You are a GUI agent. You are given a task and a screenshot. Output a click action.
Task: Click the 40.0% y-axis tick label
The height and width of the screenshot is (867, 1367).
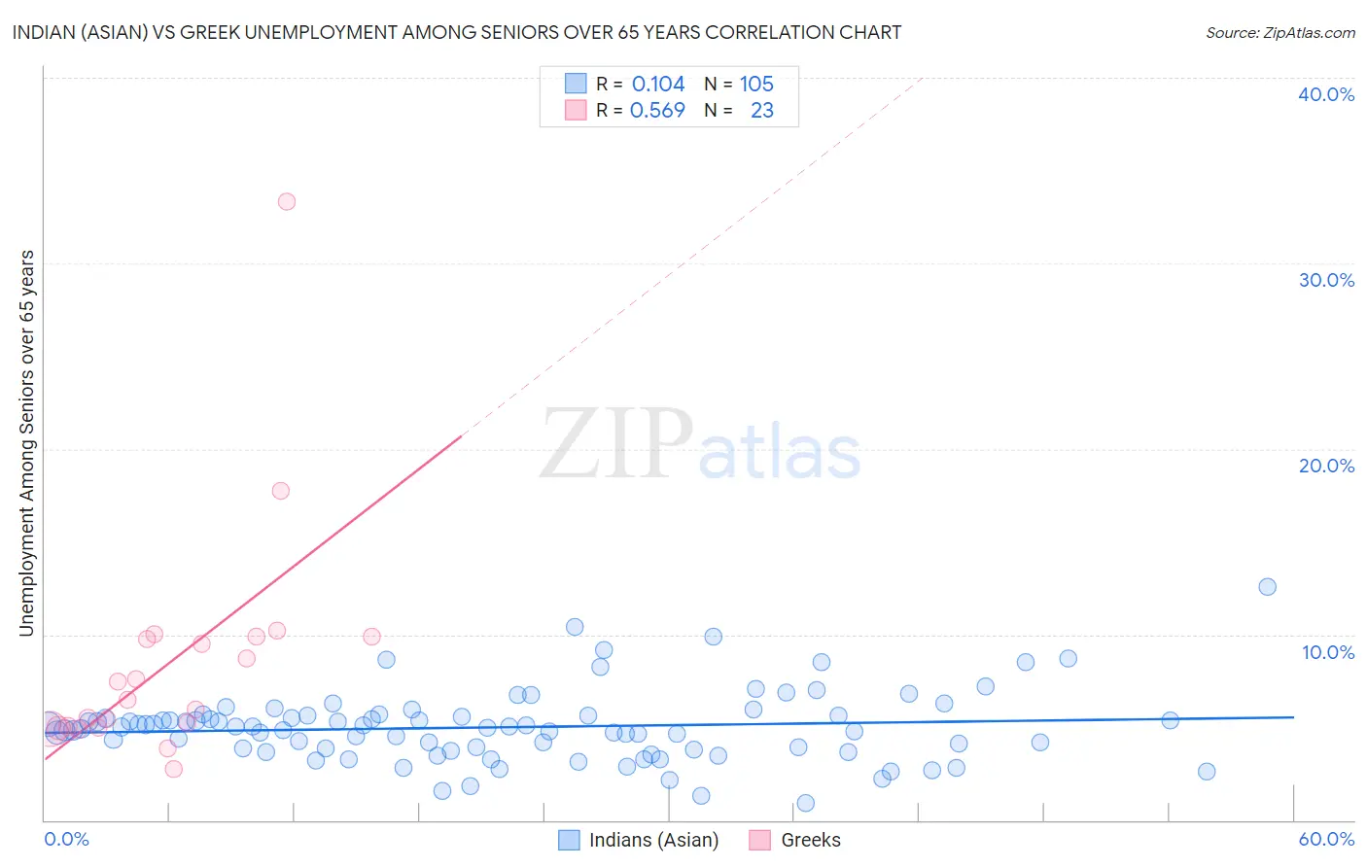tap(1326, 94)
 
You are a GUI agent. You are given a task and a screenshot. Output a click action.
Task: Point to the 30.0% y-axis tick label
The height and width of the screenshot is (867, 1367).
tap(1326, 280)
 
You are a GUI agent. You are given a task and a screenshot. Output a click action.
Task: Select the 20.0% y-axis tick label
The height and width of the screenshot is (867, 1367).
tap(1326, 466)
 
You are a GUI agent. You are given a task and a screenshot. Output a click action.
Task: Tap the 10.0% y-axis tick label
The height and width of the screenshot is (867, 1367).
tap(1328, 652)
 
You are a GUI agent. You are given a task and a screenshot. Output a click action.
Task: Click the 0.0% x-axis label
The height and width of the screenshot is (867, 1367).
tap(66, 839)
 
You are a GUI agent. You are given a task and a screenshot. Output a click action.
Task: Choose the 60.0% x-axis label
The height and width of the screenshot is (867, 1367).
tap(1326, 839)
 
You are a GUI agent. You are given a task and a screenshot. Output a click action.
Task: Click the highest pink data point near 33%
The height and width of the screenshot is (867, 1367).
tap(287, 202)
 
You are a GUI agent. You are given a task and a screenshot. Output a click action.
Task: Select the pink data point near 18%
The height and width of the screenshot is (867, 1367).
tap(281, 491)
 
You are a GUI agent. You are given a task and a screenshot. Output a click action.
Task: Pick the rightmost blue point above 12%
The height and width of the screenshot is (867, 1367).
tap(1267, 587)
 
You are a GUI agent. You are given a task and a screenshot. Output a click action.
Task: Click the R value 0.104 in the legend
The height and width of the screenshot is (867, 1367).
tap(658, 85)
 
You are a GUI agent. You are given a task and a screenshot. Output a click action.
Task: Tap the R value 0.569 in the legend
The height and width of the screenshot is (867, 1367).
tap(657, 111)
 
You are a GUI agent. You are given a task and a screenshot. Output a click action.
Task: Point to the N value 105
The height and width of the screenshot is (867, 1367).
tap(756, 85)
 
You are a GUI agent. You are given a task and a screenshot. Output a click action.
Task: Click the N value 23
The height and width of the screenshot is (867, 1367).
tap(762, 111)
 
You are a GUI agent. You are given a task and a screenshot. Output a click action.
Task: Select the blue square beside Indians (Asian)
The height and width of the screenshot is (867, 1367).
tap(569, 840)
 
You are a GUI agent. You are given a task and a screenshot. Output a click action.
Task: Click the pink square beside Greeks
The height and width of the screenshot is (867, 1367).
tap(760, 840)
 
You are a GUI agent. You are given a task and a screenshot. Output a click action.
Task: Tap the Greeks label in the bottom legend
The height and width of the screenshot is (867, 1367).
tap(811, 840)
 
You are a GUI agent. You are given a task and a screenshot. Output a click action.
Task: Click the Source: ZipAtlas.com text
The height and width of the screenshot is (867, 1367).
tap(1280, 33)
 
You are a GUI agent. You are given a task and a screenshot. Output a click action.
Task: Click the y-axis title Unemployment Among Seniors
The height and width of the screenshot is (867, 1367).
tap(26, 443)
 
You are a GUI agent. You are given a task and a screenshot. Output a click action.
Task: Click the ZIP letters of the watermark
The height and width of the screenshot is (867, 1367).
tap(616, 444)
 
